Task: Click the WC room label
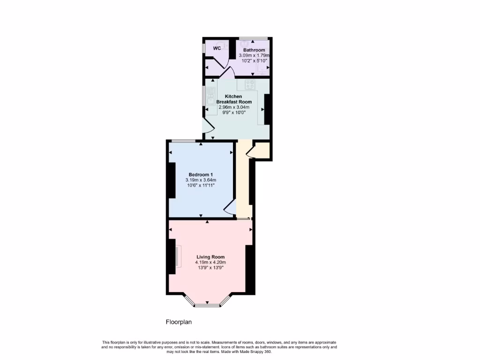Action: tap(217, 48)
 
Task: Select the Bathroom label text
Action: tap(254, 50)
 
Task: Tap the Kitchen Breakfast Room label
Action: tap(234, 99)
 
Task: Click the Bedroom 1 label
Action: tap(201, 174)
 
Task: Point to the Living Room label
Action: tap(210, 257)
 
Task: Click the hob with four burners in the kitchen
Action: tap(251, 85)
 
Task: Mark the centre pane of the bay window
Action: tap(207, 305)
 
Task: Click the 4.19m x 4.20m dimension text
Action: tap(210, 262)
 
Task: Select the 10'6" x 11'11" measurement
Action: tap(201, 185)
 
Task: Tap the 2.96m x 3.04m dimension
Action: tap(234, 107)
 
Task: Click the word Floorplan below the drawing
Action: tap(179, 322)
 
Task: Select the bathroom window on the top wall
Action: tap(254, 38)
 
